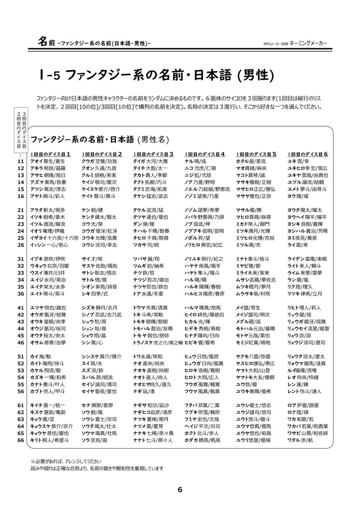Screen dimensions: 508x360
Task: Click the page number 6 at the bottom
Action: coord(180,489)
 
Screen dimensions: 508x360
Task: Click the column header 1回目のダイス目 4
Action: coord(205,154)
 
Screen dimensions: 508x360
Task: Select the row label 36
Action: coord(21,293)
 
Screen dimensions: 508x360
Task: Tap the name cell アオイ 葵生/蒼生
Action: coord(47,161)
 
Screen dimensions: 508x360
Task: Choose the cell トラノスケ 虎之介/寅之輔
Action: coord(158,342)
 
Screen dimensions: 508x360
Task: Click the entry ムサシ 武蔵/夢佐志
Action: coord(256,280)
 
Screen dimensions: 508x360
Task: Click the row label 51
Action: coord(21,356)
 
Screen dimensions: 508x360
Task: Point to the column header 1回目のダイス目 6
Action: coord(308,154)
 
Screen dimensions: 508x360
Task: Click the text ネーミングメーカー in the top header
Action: coord(308,43)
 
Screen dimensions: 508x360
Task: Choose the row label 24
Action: coord(21,231)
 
